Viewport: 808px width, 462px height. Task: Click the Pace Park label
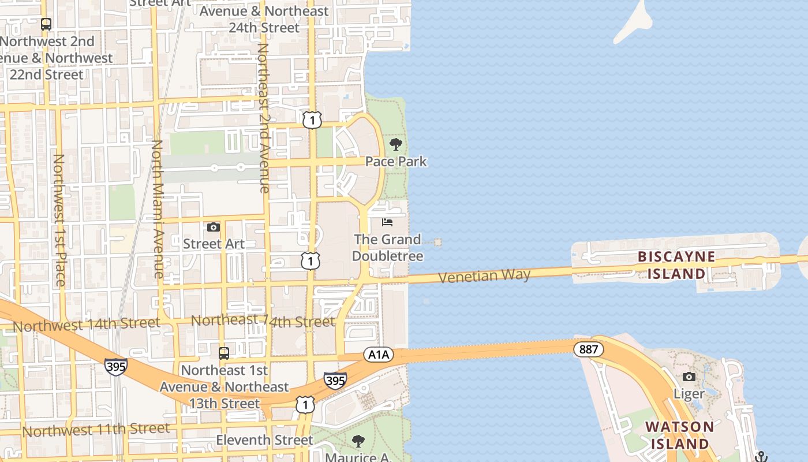click(x=396, y=161)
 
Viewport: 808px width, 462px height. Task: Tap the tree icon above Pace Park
click(x=396, y=144)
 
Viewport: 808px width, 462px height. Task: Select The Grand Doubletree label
click(x=387, y=247)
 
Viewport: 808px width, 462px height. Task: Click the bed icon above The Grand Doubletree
click(x=387, y=222)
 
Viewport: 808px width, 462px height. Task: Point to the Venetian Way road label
click(x=484, y=276)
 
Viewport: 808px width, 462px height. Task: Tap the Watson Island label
click(x=679, y=435)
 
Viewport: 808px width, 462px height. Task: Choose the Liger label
click(x=689, y=394)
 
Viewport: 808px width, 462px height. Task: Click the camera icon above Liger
click(x=689, y=377)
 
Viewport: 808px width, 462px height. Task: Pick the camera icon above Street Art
click(x=214, y=227)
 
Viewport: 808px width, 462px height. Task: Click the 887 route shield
click(x=589, y=349)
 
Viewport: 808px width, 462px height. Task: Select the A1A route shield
click(x=379, y=355)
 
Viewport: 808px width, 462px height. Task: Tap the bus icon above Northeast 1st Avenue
click(x=223, y=353)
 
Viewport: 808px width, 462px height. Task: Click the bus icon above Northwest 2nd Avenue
click(x=46, y=24)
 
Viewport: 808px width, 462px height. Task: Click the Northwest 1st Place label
click(x=59, y=219)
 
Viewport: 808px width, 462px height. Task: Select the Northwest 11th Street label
click(x=96, y=430)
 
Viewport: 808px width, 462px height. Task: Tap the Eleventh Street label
click(x=264, y=440)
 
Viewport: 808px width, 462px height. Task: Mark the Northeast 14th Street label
click(x=263, y=321)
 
